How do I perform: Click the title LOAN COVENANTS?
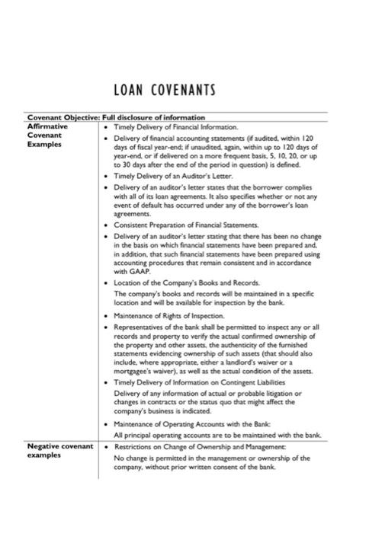[164, 91]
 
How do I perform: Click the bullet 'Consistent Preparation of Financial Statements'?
[186, 226]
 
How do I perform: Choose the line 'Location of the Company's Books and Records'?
[184, 282]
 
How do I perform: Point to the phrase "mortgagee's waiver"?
[137, 372]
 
